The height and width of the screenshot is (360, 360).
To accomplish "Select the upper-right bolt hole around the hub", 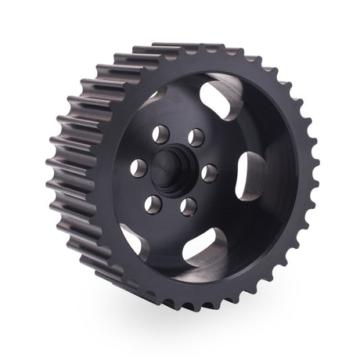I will click(196, 137).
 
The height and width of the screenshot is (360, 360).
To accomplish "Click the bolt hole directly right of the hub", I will click(210, 171).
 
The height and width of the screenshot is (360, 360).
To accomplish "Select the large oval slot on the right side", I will click(251, 176).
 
